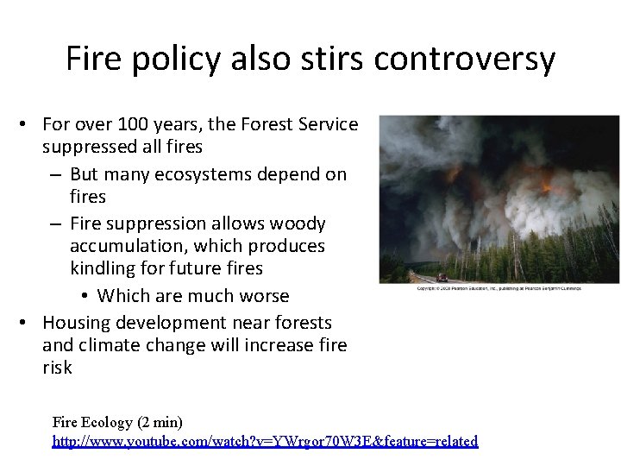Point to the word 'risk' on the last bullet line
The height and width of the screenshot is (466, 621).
pyautogui.click(x=57, y=368)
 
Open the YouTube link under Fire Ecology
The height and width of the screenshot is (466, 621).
pyautogui.click(x=265, y=441)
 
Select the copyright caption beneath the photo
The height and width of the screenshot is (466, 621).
pyautogui.click(x=499, y=288)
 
